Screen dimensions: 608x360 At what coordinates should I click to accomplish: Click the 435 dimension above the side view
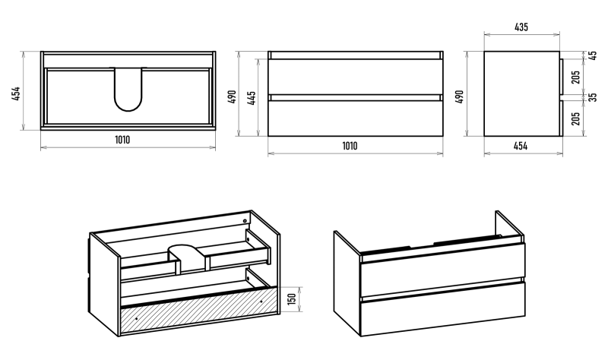521,27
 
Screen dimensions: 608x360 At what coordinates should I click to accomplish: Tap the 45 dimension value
593,55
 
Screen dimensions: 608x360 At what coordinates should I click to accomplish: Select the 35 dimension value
593,97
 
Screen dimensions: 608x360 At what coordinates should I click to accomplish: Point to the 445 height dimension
252,99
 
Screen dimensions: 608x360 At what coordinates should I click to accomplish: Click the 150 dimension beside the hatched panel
292,298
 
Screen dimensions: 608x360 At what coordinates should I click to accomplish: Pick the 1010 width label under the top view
122,140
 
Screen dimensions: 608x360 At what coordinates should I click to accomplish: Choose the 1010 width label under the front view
350,146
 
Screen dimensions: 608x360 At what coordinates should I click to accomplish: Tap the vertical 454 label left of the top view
16,93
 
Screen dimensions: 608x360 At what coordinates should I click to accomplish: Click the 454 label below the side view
521,146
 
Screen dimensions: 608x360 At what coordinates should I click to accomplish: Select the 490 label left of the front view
232,97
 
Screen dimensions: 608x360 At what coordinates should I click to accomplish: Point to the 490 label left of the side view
460,97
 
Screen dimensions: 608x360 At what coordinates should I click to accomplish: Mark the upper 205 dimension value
576,77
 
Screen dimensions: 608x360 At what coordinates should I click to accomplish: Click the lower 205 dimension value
576,118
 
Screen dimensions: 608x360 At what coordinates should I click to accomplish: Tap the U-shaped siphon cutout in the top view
128,89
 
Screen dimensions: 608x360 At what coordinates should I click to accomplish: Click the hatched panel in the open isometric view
199,311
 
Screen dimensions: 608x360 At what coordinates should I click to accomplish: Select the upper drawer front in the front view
355,77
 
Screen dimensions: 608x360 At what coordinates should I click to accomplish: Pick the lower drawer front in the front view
355,118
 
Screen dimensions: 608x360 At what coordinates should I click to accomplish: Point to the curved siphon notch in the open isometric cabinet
186,257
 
